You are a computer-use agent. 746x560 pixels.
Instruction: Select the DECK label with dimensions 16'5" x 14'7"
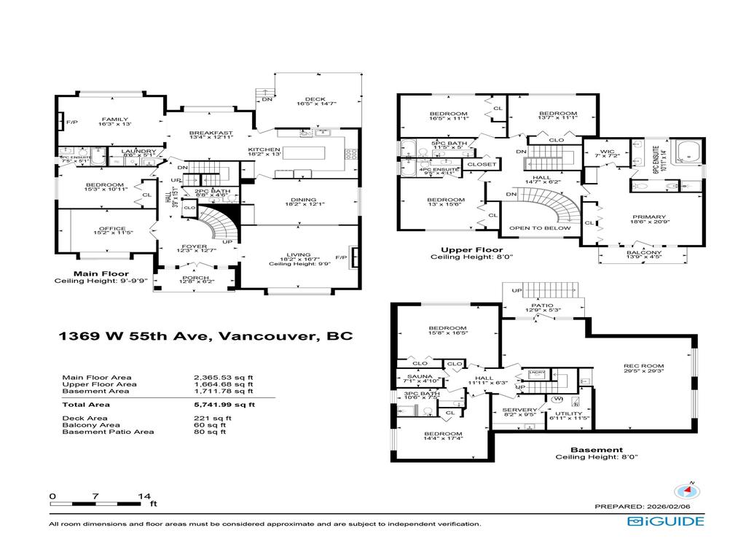[316, 101]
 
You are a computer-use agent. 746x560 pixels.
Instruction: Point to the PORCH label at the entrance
[194, 277]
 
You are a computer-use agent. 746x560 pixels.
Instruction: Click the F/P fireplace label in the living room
[340, 257]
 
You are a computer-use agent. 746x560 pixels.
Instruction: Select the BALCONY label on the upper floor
[644, 254]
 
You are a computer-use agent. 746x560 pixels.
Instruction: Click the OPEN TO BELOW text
[539, 228]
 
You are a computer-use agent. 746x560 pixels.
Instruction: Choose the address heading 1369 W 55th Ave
[205, 337]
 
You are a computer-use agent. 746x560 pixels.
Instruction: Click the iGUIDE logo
[665, 521]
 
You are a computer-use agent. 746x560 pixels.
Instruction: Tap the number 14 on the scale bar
[144, 496]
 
